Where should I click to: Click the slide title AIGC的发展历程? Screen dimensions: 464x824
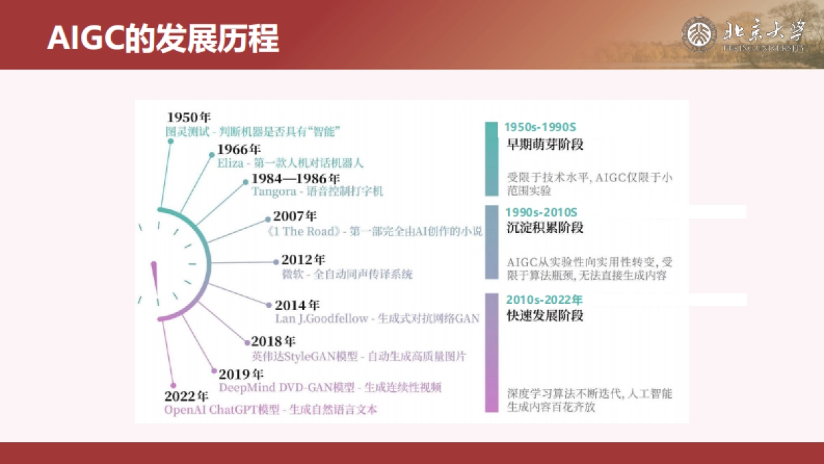163,38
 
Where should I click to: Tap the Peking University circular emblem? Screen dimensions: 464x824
698,34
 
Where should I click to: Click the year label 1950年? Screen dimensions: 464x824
189,117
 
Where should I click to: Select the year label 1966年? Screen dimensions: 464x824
239,150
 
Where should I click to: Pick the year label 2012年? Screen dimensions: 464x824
303,261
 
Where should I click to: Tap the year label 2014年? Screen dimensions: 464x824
297,305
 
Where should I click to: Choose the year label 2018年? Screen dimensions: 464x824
273,342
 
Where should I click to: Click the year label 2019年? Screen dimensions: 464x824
241,375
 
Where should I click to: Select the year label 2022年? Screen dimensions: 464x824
186,397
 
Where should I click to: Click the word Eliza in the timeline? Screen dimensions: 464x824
230,164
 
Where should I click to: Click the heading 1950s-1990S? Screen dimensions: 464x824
540,127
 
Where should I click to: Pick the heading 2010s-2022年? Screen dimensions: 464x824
544,300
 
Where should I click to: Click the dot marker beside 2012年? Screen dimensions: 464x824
275,262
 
